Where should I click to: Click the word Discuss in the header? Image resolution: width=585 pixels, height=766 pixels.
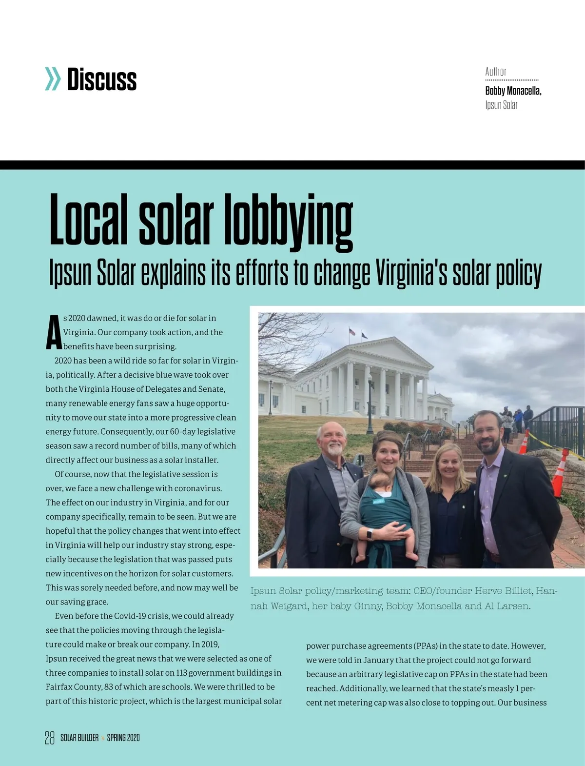click(102, 80)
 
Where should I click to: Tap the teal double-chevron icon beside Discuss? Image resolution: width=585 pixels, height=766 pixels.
click(53, 80)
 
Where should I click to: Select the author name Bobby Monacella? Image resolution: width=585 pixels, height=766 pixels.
click(513, 91)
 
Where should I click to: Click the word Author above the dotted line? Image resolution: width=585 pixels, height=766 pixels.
click(495, 72)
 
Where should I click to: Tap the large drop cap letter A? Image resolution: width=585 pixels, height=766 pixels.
click(54, 333)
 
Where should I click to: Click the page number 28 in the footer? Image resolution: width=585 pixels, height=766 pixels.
click(50, 738)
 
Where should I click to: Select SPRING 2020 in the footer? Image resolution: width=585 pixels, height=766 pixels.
click(123, 738)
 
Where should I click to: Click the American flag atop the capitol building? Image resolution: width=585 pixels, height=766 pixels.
click(352, 332)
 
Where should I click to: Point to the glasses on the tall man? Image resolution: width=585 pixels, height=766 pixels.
click(486, 431)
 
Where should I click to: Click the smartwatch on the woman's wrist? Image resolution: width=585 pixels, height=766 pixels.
click(369, 534)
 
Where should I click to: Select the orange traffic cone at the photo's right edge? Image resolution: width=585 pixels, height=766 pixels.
click(559, 473)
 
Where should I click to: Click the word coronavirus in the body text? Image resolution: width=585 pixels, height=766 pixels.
click(197, 488)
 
